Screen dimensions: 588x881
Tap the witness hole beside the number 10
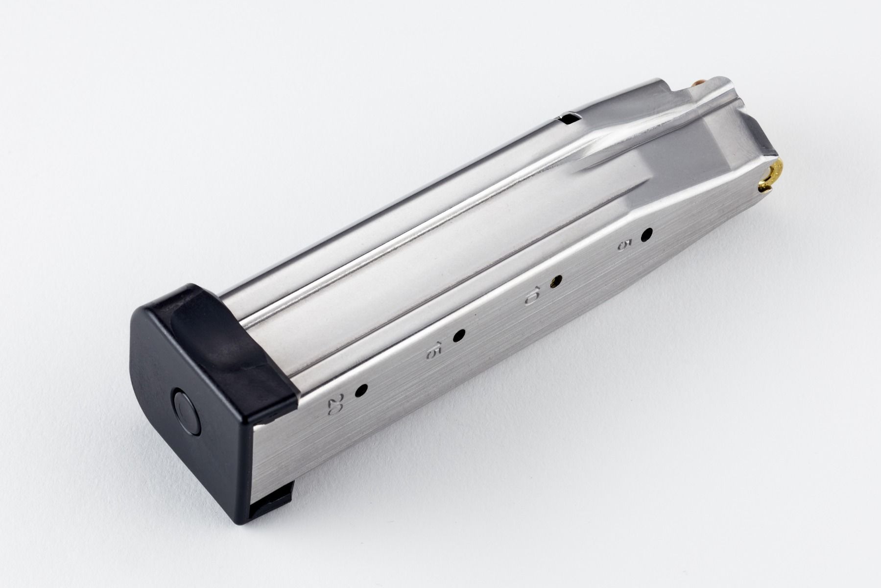556,281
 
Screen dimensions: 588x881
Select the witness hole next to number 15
459,336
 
